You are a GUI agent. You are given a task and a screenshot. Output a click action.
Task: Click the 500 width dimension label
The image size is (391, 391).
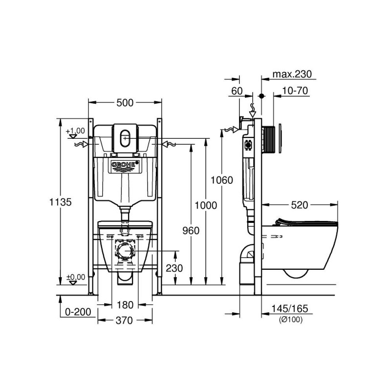click(x=125, y=103)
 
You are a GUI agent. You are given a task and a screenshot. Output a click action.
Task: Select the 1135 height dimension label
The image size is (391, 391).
click(x=60, y=202)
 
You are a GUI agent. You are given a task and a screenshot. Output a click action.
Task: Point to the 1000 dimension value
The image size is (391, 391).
click(x=206, y=205)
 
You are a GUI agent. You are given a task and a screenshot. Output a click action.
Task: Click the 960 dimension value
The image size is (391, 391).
click(x=191, y=231)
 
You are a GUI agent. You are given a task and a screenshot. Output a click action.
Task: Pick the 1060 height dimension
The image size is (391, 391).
click(x=222, y=180)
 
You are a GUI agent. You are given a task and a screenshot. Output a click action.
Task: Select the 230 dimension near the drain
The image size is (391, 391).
click(x=174, y=268)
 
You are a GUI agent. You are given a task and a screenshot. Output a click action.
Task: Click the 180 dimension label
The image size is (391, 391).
click(x=125, y=304)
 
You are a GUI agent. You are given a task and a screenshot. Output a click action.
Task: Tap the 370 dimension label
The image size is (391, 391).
click(x=125, y=321)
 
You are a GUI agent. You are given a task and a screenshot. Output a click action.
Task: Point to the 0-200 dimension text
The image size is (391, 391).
click(x=78, y=312)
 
